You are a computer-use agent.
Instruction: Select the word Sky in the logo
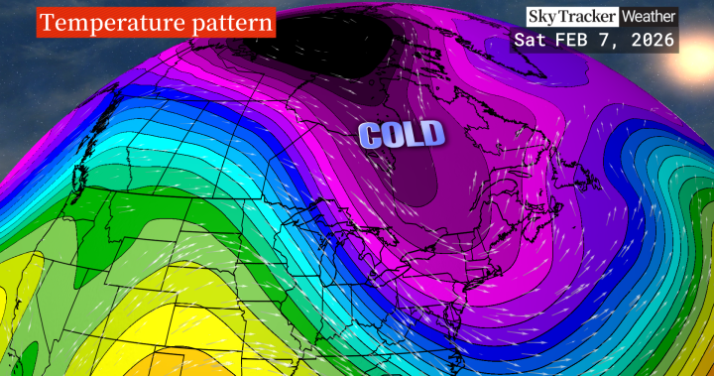pos(544,17)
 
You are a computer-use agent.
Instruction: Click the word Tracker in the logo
pos(589,17)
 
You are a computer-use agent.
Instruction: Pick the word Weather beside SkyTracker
pos(649,17)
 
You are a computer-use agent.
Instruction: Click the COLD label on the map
pos(402,135)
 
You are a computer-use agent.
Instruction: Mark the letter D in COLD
pos(432,134)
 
